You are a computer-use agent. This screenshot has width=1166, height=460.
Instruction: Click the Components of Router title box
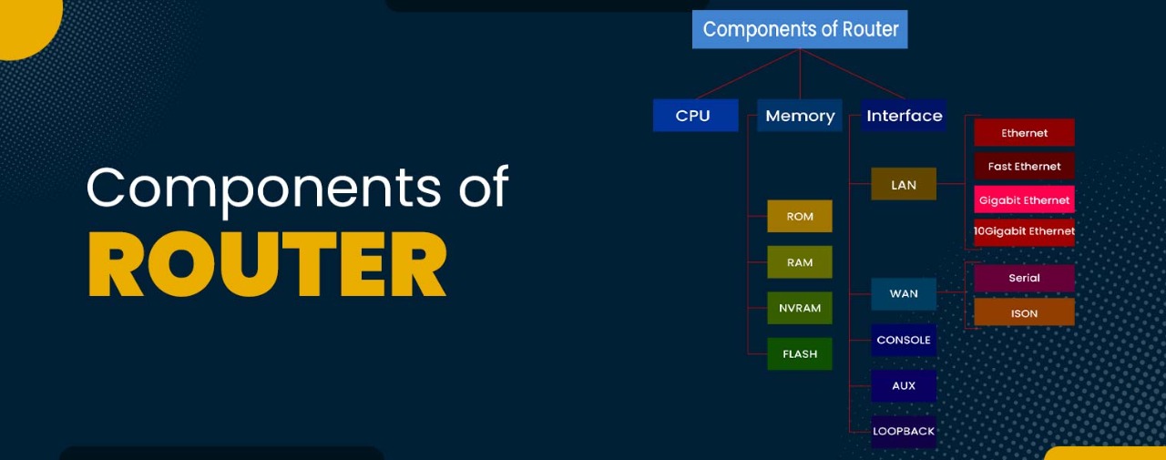(800, 29)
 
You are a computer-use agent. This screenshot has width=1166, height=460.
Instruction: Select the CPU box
(695, 116)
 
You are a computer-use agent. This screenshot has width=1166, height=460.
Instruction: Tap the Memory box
(800, 116)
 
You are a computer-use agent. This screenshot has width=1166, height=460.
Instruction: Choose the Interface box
(904, 116)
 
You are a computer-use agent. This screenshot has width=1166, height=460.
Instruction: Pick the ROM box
(800, 216)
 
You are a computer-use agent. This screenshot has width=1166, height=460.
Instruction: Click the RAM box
(800, 262)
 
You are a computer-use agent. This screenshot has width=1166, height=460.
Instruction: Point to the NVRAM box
(800, 308)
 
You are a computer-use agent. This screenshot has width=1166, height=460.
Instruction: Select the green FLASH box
(800, 353)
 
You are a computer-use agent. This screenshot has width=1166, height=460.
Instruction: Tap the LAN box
(904, 185)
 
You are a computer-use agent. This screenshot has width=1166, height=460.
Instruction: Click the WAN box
(904, 294)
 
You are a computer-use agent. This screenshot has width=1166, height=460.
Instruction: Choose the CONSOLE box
(904, 340)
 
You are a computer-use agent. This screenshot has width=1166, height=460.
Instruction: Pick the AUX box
(904, 385)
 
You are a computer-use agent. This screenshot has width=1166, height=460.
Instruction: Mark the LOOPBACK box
(904, 431)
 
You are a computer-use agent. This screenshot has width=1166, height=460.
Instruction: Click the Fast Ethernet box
(1024, 166)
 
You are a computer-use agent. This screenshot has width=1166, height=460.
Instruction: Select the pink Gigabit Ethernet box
(1024, 199)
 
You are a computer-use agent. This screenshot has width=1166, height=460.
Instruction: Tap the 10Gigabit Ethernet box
(1024, 231)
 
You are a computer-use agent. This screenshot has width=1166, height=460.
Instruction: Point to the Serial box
(1024, 278)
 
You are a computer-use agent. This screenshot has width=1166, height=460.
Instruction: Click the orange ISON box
(1024, 312)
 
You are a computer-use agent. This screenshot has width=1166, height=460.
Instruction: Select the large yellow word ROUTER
(267, 263)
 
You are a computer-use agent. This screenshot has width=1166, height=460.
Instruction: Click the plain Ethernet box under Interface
(1024, 133)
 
